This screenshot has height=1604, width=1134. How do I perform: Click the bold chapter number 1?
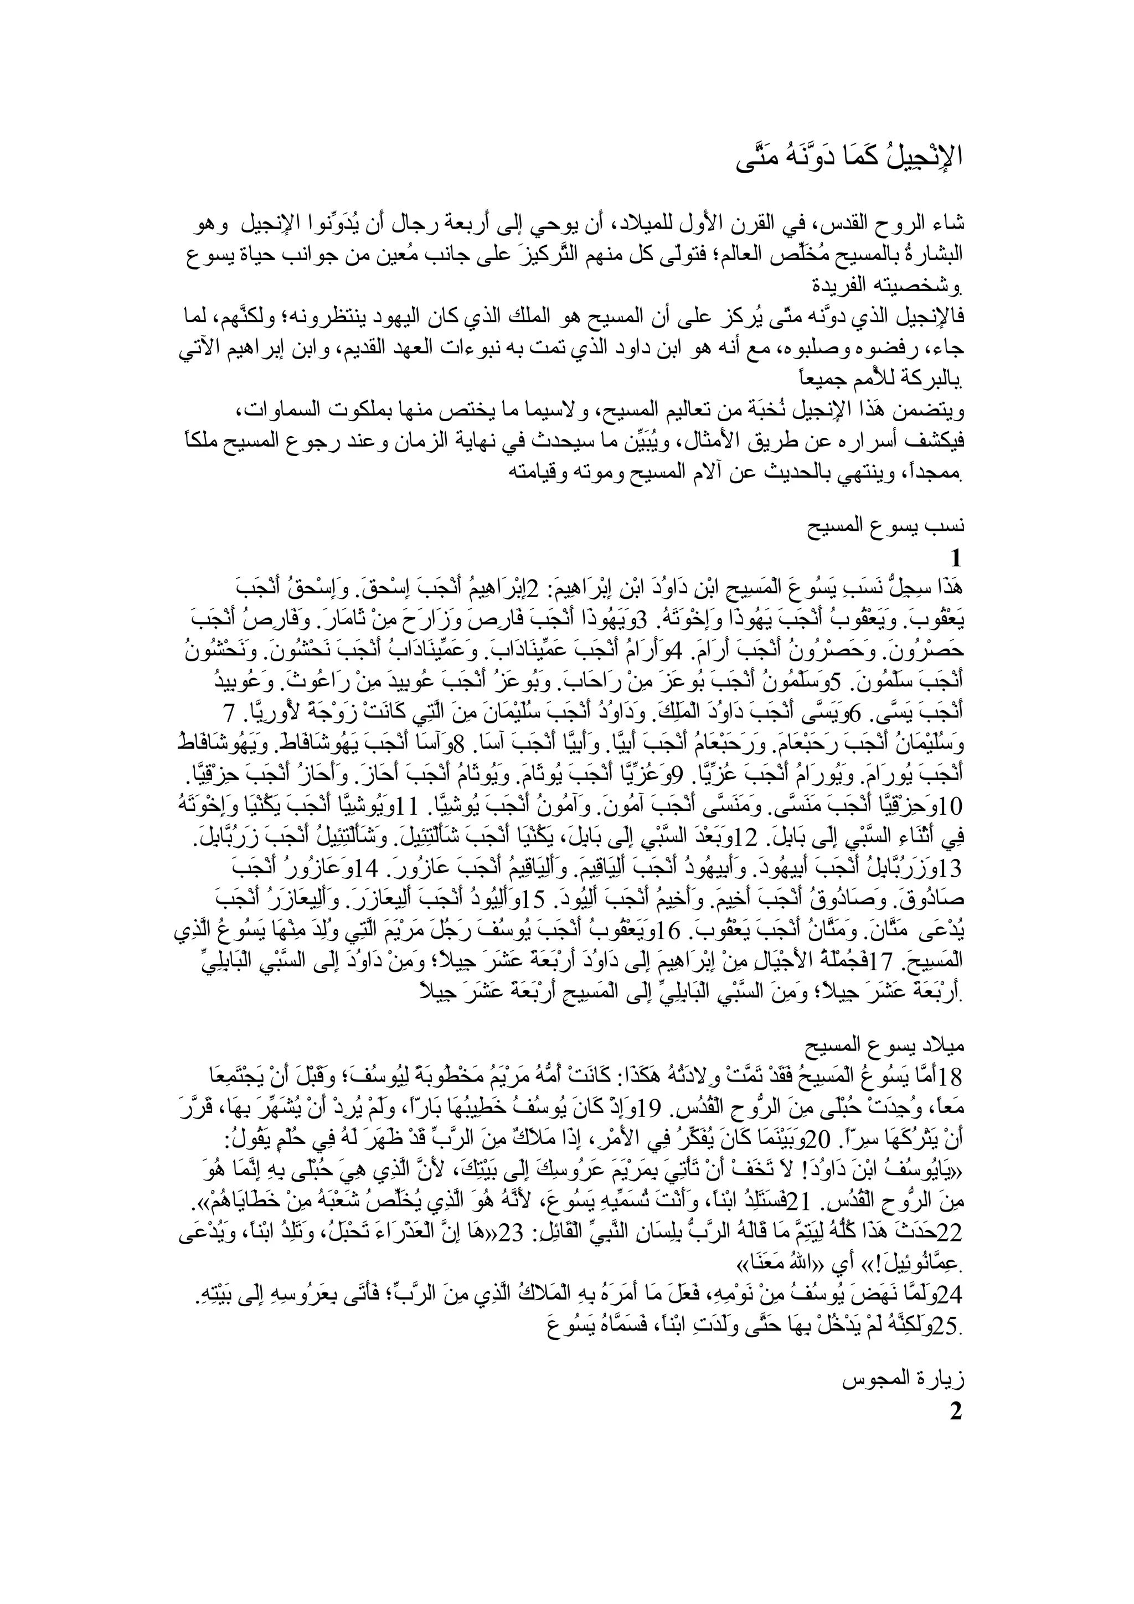[956, 559]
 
